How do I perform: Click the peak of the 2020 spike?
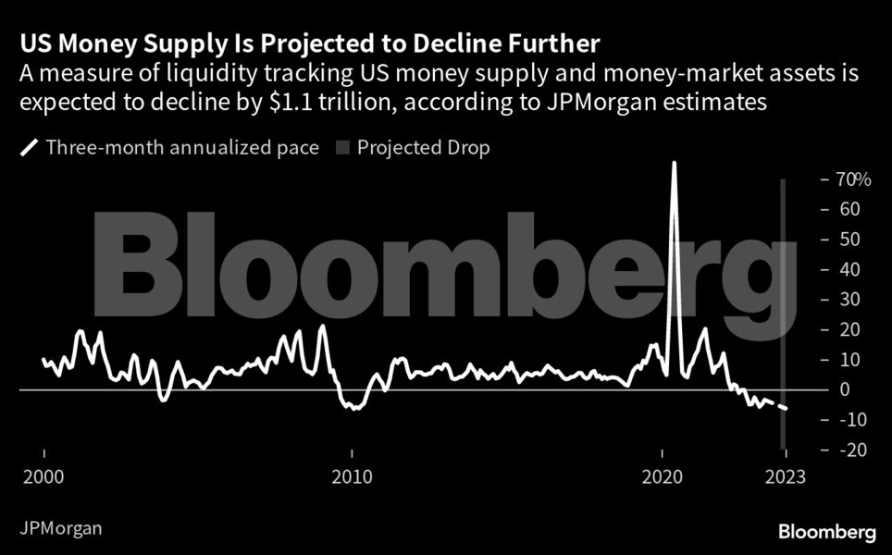pos(674,164)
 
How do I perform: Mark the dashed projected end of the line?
pos(786,408)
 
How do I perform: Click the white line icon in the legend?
pos(29,147)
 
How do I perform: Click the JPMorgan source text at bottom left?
pos(60,529)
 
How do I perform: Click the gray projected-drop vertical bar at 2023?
pos(784,277)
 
